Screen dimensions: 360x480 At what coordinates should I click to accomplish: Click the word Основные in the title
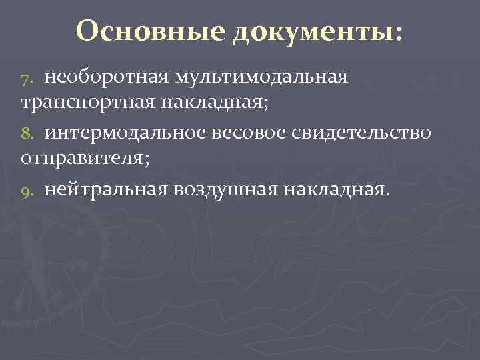pos(151,29)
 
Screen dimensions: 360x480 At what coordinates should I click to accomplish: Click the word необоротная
pos(107,77)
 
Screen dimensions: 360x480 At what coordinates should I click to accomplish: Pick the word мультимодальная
pos(261,77)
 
